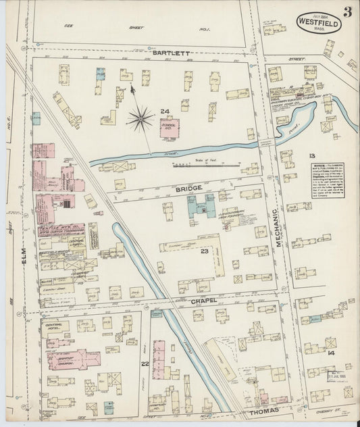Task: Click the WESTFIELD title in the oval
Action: coord(318,21)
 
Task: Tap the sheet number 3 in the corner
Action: coord(346,12)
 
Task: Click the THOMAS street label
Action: coord(263,410)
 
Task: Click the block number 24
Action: coord(164,110)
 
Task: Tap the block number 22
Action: coord(145,364)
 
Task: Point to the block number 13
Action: coord(311,155)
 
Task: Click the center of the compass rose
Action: coord(140,120)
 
